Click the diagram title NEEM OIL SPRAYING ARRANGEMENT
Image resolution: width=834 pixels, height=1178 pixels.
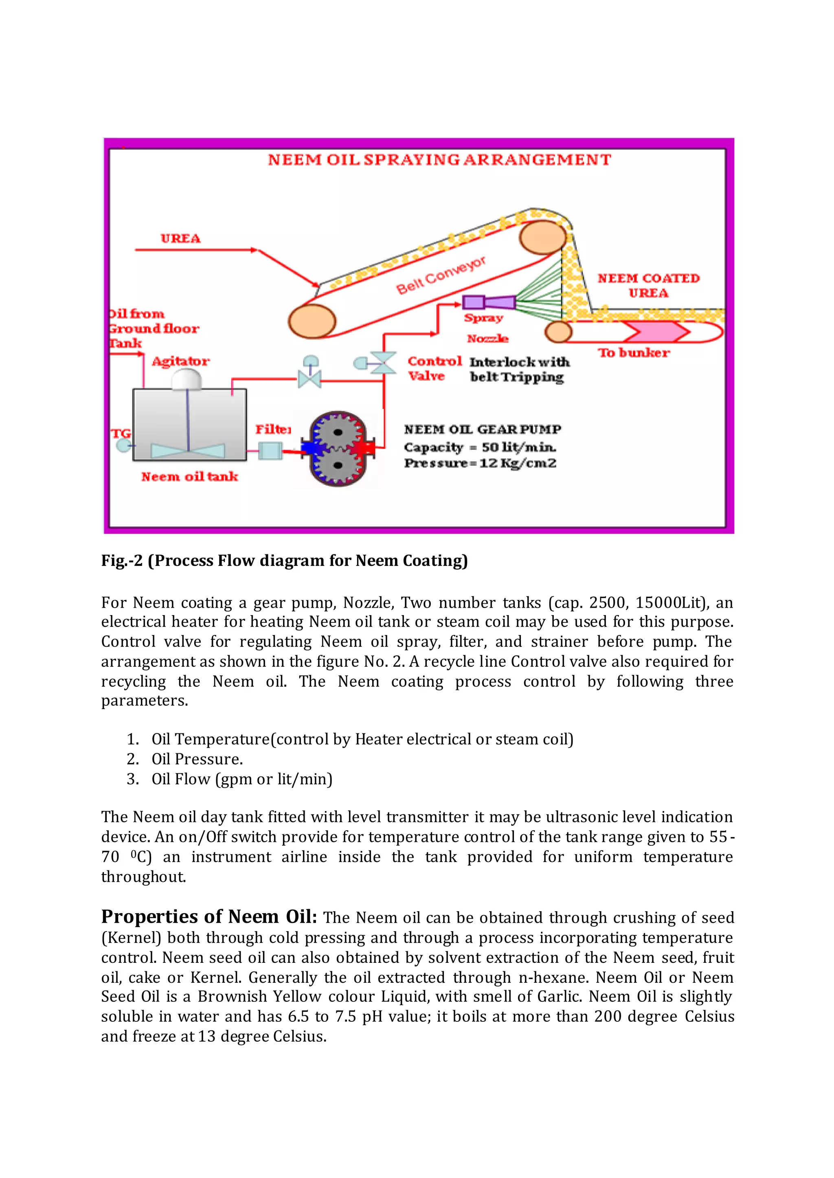[x=439, y=160]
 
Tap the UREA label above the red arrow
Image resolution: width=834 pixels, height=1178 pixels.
[x=180, y=239]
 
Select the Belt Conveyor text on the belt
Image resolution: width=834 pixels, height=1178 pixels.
[x=441, y=275]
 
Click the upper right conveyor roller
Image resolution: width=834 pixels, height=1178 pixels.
[x=542, y=237]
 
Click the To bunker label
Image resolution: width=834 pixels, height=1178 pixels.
[x=634, y=353]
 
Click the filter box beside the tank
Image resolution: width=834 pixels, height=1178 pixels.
[x=270, y=451]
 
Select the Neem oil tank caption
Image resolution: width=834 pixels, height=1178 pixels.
[x=189, y=477]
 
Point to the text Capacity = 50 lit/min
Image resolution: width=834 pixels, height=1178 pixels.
[x=480, y=447]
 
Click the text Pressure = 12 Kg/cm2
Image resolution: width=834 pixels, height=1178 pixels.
[x=480, y=463]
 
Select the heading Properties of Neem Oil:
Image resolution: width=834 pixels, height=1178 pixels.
[x=208, y=916]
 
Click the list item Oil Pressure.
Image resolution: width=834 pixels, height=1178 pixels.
[x=197, y=759]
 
